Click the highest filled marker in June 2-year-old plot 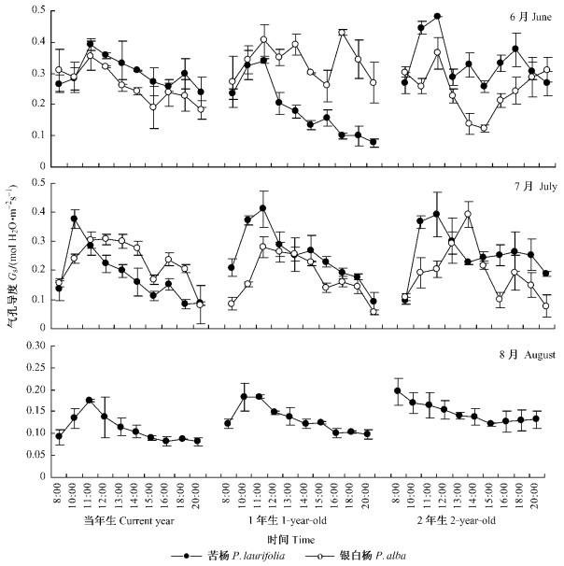[x=437, y=17]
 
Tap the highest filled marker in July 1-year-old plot [x=264, y=208]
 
